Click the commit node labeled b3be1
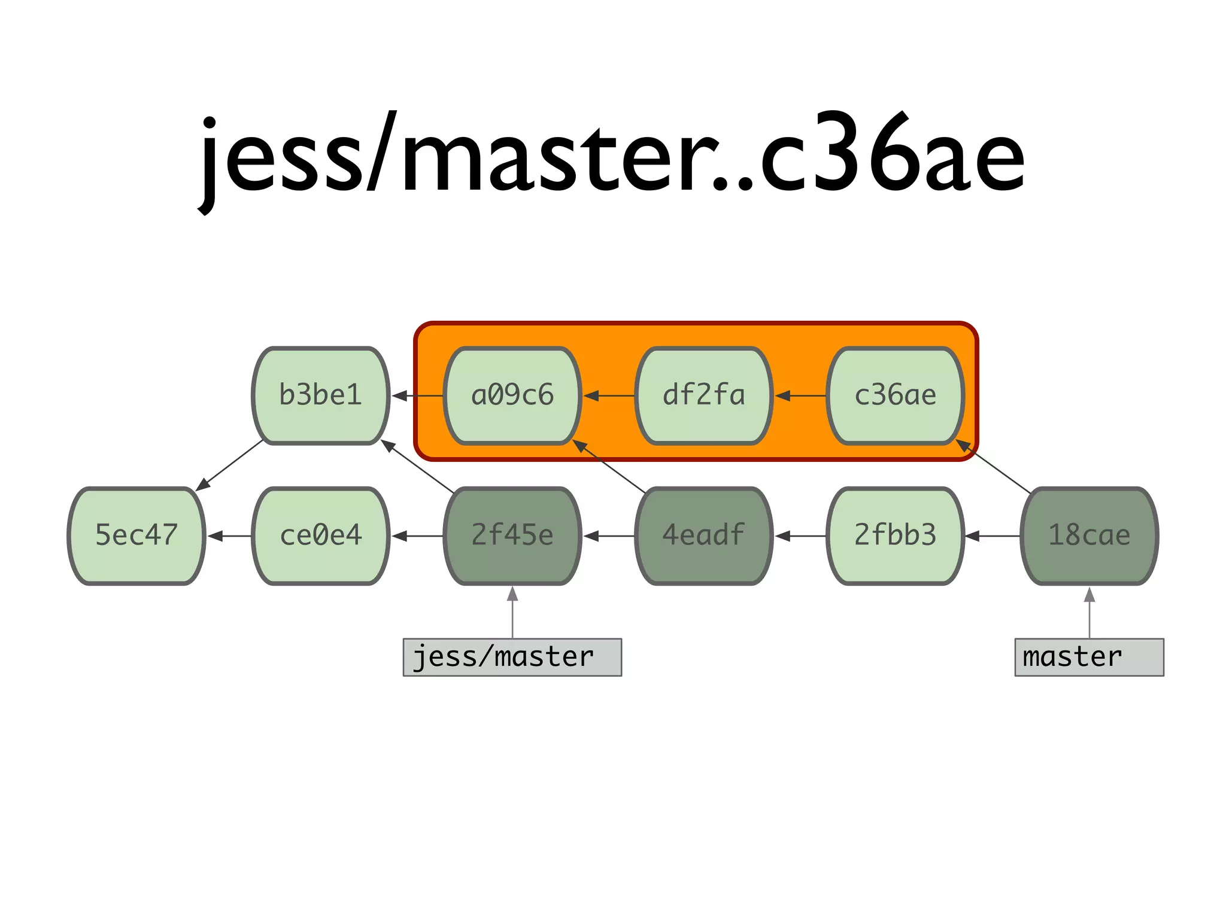click(x=321, y=395)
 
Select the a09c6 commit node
click(x=512, y=395)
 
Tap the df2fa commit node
click(x=704, y=395)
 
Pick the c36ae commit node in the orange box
click(x=896, y=395)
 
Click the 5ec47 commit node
click(x=136, y=535)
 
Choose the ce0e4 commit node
click(x=321, y=535)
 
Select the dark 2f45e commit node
click(x=512, y=535)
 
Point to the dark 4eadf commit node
click(x=704, y=535)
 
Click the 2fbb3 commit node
click(x=896, y=535)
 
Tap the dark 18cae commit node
click(x=1090, y=535)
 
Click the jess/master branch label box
click(x=512, y=657)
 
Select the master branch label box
click(x=1090, y=657)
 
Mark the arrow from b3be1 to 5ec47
click(x=230, y=465)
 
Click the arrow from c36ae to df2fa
click(x=800, y=395)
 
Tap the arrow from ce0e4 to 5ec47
click(x=230, y=536)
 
